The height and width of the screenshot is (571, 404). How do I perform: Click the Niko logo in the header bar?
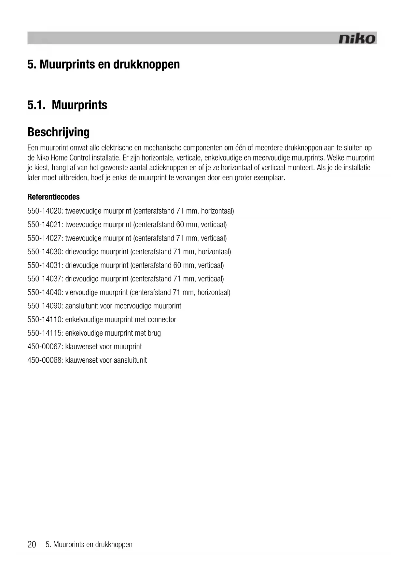[x=357, y=39]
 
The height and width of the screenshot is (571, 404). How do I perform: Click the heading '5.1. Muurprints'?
[x=67, y=105]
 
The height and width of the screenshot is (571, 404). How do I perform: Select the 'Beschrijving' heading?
[x=58, y=132]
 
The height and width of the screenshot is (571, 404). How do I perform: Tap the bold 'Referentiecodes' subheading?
[x=53, y=197]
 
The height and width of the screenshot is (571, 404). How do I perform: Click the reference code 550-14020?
[x=45, y=211]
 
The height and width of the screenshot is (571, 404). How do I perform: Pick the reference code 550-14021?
[x=45, y=225]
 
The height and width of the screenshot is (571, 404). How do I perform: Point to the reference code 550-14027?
[x=45, y=238]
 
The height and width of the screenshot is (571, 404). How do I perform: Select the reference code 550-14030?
[x=45, y=252]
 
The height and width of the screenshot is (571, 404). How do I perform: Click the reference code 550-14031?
[x=45, y=265]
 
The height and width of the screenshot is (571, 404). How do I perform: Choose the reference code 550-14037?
[x=45, y=279]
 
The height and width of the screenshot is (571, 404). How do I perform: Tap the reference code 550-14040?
[x=45, y=292]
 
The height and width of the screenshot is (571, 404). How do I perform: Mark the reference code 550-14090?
[x=45, y=306]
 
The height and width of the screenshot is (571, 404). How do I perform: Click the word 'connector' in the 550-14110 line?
[x=162, y=320]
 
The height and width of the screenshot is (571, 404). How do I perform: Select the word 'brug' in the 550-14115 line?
[x=154, y=333]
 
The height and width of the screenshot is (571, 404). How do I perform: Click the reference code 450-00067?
[x=45, y=347]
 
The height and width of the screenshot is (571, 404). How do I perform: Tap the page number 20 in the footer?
[x=32, y=545]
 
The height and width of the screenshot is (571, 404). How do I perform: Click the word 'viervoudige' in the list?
[x=80, y=292]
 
